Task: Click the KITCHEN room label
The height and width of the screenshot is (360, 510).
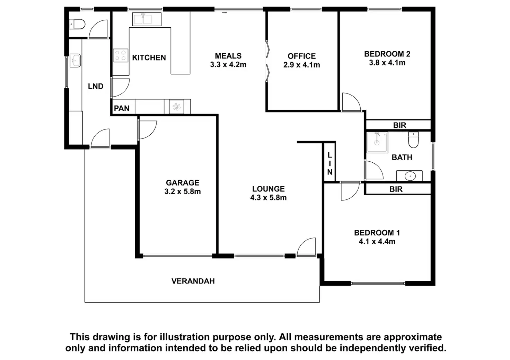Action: point(149,58)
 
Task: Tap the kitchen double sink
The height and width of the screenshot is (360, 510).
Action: point(147,19)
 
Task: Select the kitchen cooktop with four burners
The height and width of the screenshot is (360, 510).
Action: point(121,56)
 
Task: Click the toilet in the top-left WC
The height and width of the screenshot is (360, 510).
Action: point(77,24)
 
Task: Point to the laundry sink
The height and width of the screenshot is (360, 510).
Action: point(75,61)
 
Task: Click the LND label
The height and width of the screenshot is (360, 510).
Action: point(96,86)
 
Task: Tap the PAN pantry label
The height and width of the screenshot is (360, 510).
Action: point(122,108)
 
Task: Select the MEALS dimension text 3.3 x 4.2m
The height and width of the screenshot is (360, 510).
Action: point(228,65)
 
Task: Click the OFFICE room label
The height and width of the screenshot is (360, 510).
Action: point(301,56)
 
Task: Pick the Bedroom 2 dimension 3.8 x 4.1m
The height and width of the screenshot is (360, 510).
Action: point(387,63)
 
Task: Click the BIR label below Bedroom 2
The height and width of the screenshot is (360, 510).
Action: point(399,125)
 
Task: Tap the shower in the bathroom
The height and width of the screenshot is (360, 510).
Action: point(377,142)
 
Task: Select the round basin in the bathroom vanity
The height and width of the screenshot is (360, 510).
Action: point(410,176)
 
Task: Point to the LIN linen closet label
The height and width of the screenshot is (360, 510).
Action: point(329,164)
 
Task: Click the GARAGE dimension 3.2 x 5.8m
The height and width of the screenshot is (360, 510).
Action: point(183,192)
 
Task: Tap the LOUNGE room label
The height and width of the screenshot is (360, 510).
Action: point(268,189)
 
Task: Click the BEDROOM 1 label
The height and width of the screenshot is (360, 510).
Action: point(377,233)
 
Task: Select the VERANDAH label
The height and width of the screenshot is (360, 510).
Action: point(193,281)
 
